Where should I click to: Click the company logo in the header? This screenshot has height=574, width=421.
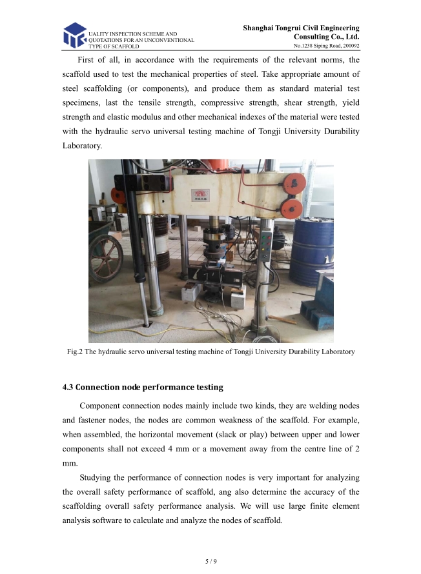click(74, 35)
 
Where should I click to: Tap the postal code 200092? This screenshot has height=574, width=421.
click(349, 46)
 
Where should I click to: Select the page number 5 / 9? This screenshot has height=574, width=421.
click(211, 562)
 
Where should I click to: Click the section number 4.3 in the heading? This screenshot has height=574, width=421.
click(68, 388)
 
